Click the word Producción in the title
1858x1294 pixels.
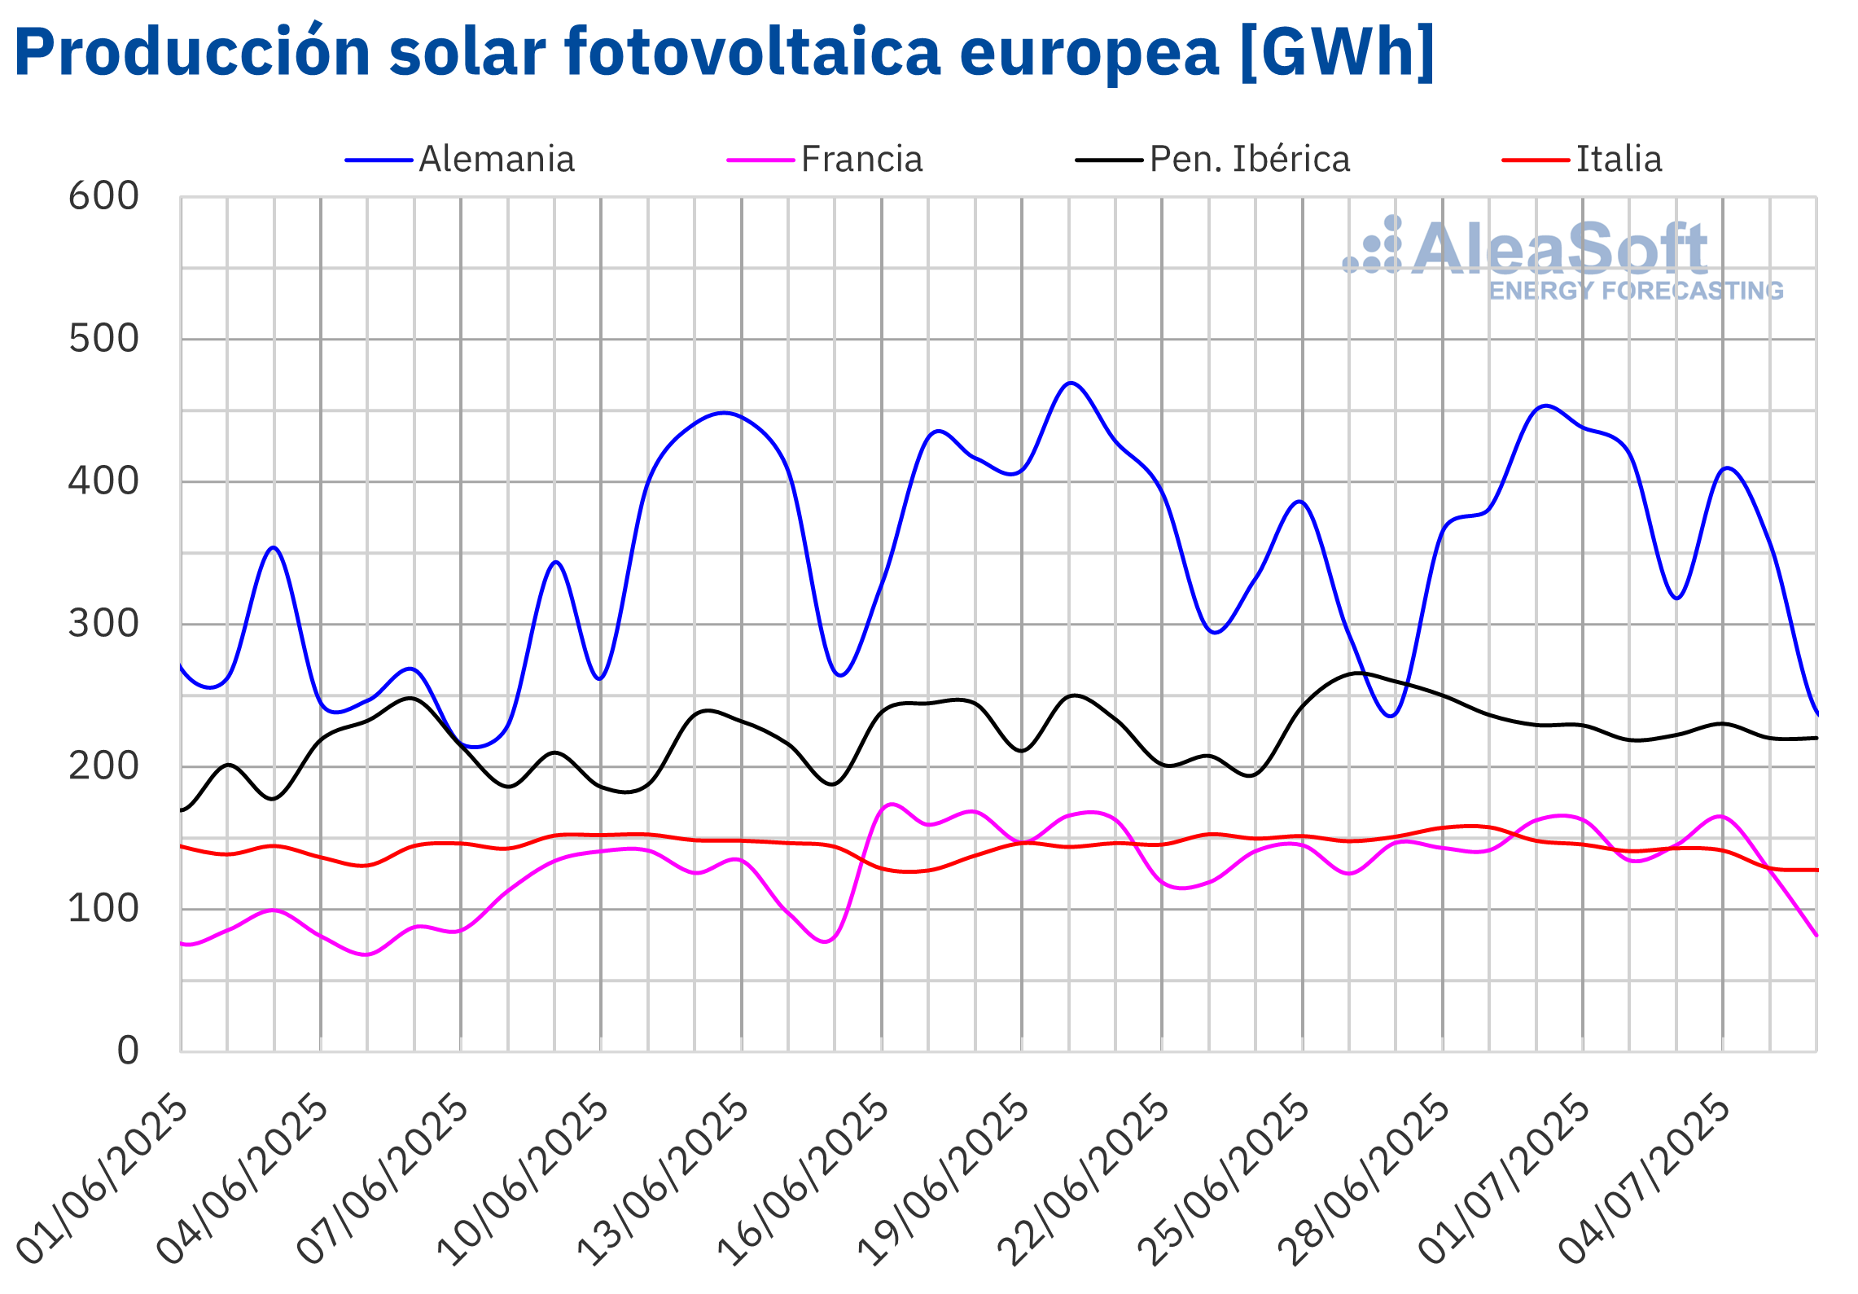tap(192, 53)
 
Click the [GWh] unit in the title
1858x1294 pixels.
tap(1337, 53)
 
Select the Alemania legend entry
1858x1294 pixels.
tap(496, 160)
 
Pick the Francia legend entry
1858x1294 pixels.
tap(861, 160)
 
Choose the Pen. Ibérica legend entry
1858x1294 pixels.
tap(1249, 160)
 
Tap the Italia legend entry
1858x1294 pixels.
tap(1618, 160)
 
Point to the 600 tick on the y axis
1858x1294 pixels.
tap(103, 196)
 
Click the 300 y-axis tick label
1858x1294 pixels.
tap(103, 624)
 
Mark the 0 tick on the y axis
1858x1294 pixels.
tap(128, 1051)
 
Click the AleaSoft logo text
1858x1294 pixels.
tap(1558, 248)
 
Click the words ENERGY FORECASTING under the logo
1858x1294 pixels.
tap(1636, 291)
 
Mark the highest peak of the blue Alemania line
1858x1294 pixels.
tap(1071, 383)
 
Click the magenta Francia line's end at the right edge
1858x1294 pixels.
tap(1816, 935)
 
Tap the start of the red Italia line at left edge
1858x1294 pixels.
tap(182, 847)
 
